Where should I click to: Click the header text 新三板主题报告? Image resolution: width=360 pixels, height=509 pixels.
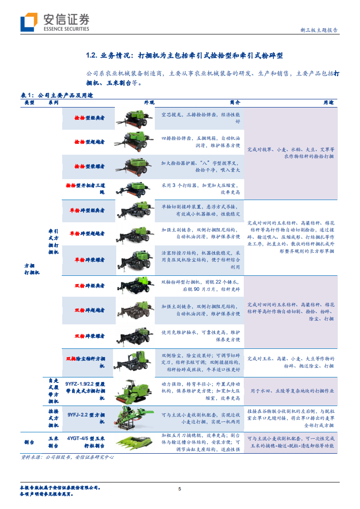click(319, 30)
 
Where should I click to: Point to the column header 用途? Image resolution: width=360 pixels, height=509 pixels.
click(328, 103)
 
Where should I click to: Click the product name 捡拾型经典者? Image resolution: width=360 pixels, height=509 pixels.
click(89, 117)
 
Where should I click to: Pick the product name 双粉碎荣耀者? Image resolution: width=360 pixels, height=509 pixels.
click(89, 336)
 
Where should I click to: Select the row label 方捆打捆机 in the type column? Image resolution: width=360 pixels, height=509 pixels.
click(32, 269)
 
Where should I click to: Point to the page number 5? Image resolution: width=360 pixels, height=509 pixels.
click(180, 489)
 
